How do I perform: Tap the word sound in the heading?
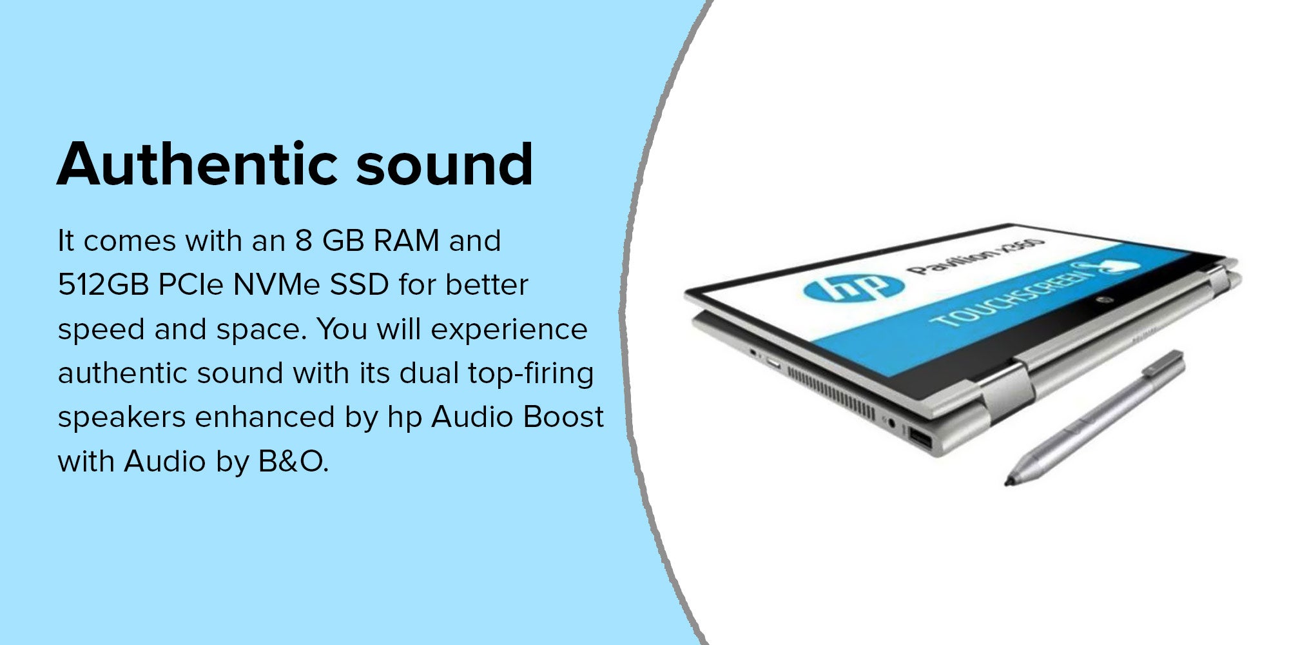[445, 164]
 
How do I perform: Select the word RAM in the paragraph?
[407, 241]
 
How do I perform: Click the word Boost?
[563, 417]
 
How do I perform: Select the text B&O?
[293, 462]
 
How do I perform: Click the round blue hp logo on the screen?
[849, 288]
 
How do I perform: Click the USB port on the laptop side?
[918, 439]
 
